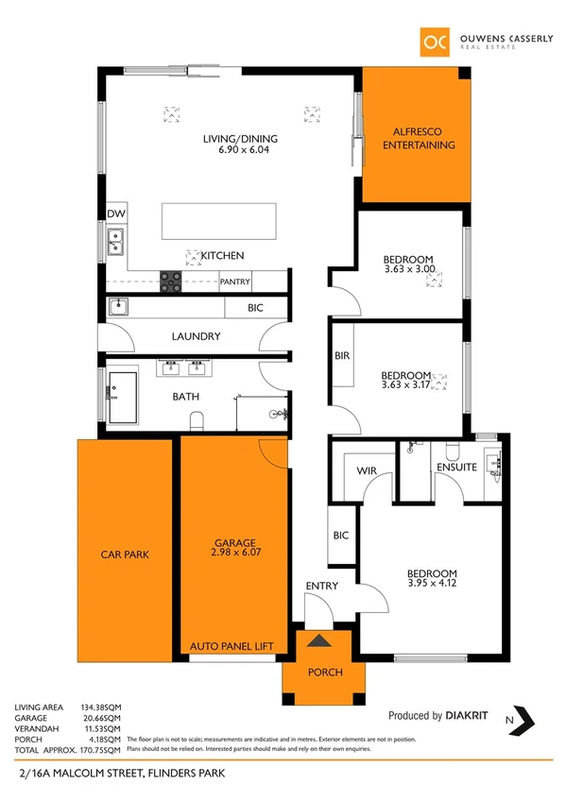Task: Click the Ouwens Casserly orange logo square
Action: [x=434, y=41]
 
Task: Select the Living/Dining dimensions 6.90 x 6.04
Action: [x=241, y=149]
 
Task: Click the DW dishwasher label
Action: [x=116, y=214]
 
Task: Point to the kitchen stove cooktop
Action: [x=170, y=280]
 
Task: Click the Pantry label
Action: [x=234, y=281]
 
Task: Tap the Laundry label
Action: [x=196, y=336]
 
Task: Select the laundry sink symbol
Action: [x=119, y=306]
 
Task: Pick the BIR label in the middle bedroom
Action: [x=341, y=356]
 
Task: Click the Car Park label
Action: [x=125, y=554]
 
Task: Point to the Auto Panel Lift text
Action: [x=232, y=646]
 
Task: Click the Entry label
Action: [x=321, y=587]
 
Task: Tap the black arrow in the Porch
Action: [x=321, y=641]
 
